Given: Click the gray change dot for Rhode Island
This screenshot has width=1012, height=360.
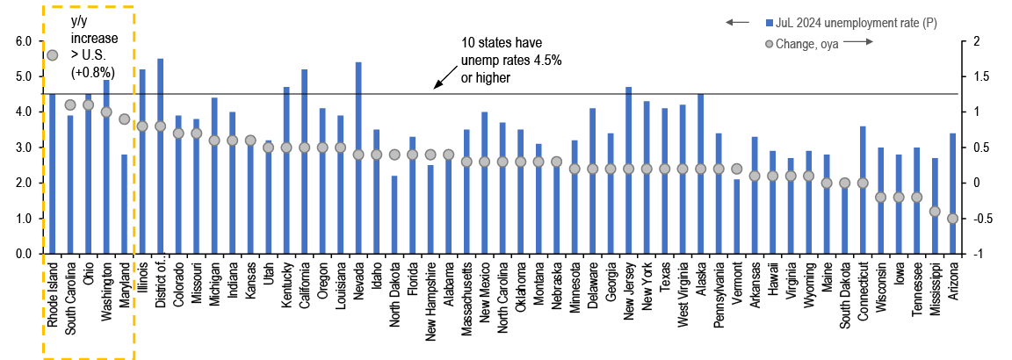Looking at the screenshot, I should (52, 55).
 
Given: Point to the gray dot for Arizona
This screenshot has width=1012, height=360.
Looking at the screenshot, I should (952, 219).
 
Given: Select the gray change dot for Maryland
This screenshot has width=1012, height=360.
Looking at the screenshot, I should (124, 119).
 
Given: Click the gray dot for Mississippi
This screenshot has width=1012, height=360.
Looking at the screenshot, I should (935, 212).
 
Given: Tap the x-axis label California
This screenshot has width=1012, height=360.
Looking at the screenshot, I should (304, 284).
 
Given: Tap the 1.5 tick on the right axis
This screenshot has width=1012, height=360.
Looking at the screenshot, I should (976, 77).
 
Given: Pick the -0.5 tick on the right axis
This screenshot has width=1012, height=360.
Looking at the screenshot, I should (978, 219).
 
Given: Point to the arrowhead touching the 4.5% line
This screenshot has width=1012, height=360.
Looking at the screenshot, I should (436, 87).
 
